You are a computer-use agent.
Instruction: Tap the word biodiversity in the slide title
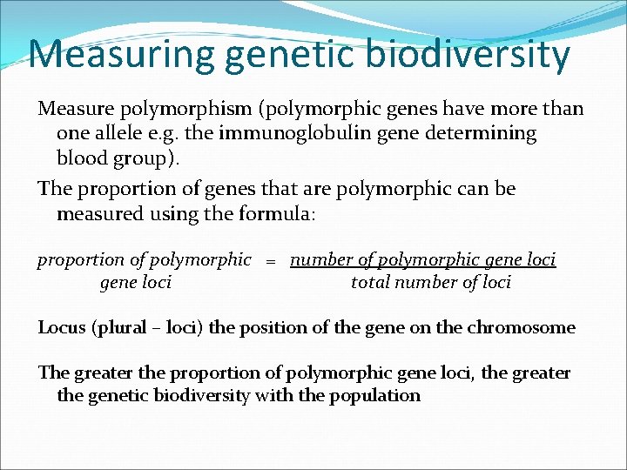click(x=462, y=54)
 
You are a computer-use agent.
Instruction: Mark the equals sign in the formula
click(x=271, y=261)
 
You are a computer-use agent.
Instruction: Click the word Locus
click(x=61, y=328)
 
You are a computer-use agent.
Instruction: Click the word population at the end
click(x=377, y=396)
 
